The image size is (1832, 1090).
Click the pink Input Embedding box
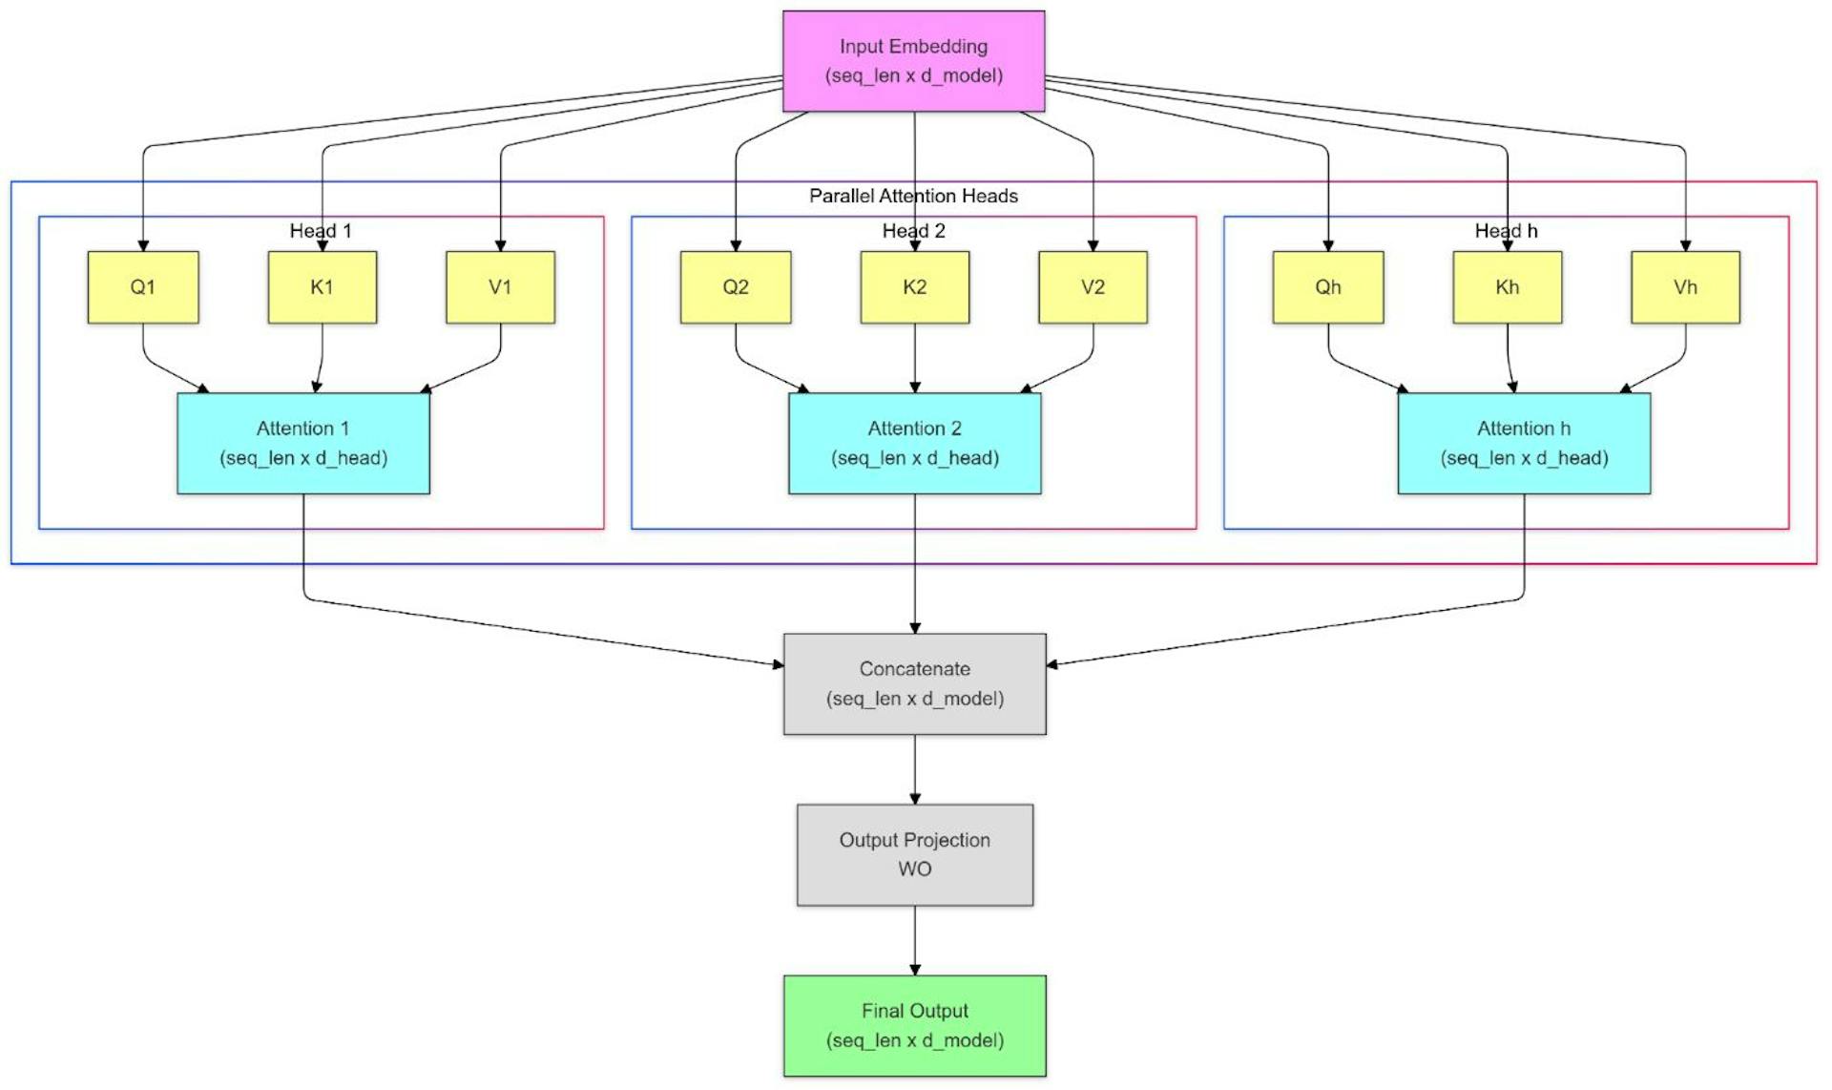click(913, 61)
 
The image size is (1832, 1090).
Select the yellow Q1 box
click(143, 287)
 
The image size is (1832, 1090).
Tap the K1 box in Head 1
click(322, 287)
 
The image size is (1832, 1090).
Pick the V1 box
click(500, 287)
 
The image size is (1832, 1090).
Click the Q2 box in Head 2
click(735, 287)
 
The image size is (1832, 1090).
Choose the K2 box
click(914, 287)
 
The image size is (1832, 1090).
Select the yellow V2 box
click(1093, 287)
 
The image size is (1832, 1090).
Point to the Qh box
click(1327, 287)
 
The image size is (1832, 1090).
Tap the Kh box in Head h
click(1507, 287)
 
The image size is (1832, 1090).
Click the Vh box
click(1685, 287)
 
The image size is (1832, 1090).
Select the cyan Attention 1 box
click(303, 443)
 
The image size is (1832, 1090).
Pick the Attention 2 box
click(914, 443)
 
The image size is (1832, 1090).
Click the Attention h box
click(1524, 443)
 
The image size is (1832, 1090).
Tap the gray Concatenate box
click(914, 683)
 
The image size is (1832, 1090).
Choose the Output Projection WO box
click(914, 854)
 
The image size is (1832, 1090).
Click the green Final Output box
click(914, 1025)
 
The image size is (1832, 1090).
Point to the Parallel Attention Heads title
click(913, 196)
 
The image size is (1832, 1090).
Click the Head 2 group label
click(913, 231)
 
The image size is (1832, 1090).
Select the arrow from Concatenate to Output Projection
click(914, 769)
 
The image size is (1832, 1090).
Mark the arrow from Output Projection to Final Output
click(914, 940)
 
